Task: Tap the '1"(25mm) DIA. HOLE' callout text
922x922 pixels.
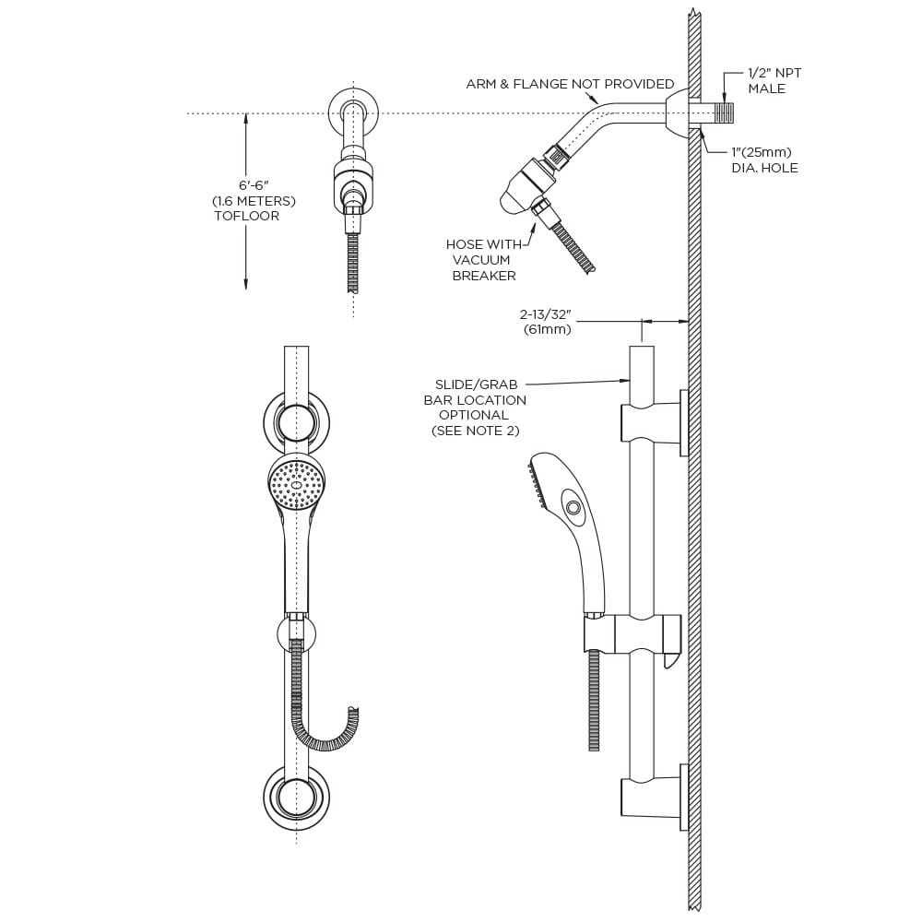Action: pyautogui.click(x=762, y=160)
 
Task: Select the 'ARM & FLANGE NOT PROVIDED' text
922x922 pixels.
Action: pyautogui.click(x=570, y=84)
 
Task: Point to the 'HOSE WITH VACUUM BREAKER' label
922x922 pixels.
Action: pyautogui.click(x=483, y=260)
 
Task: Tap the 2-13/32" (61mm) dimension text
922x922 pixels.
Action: pyautogui.click(x=547, y=322)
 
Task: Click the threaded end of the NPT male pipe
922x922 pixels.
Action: pyautogui.click(x=726, y=114)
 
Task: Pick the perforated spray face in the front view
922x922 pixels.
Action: pyautogui.click(x=296, y=486)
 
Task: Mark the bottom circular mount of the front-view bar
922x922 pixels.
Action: pyautogui.click(x=296, y=793)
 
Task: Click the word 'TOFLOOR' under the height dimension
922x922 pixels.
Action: pyautogui.click(x=246, y=217)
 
